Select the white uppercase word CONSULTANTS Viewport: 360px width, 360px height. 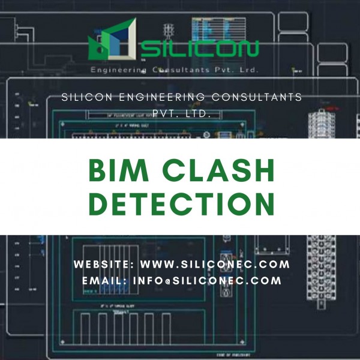point(256,98)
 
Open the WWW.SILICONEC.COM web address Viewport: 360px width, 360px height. point(215,264)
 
